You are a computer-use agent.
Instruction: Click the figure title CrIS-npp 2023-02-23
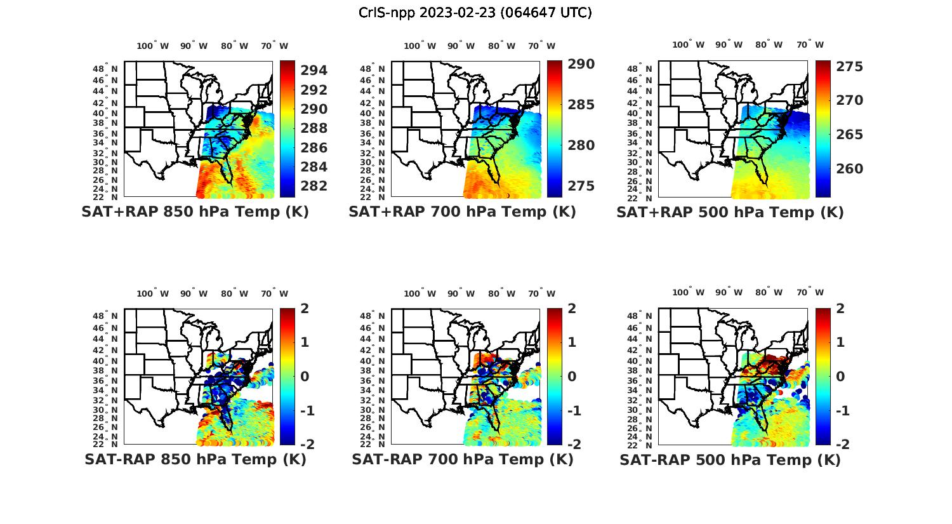tap(475, 13)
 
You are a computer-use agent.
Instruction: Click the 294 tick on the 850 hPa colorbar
tap(314, 71)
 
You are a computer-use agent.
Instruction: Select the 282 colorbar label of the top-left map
tap(314, 186)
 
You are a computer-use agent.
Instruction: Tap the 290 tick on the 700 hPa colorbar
tap(581, 64)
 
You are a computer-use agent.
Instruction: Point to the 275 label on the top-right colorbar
tap(849, 67)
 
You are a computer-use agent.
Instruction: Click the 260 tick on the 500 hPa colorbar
tap(849, 169)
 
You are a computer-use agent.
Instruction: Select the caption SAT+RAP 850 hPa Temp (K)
tap(195, 212)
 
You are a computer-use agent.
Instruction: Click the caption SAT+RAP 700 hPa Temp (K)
tap(462, 212)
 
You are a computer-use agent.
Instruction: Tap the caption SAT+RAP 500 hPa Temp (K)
tap(730, 212)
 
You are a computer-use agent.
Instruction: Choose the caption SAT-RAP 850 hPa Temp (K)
tap(195, 459)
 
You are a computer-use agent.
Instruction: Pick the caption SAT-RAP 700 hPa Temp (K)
tap(462, 459)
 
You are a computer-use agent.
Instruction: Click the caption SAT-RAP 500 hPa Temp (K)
tap(730, 460)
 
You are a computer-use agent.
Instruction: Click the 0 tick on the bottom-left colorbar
tap(305, 376)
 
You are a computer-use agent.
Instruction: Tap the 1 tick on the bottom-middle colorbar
tap(572, 342)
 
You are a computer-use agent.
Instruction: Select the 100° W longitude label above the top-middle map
tap(420, 46)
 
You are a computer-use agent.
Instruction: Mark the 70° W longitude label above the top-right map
tap(810, 44)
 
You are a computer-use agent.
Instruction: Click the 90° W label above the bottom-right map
tap(729, 292)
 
